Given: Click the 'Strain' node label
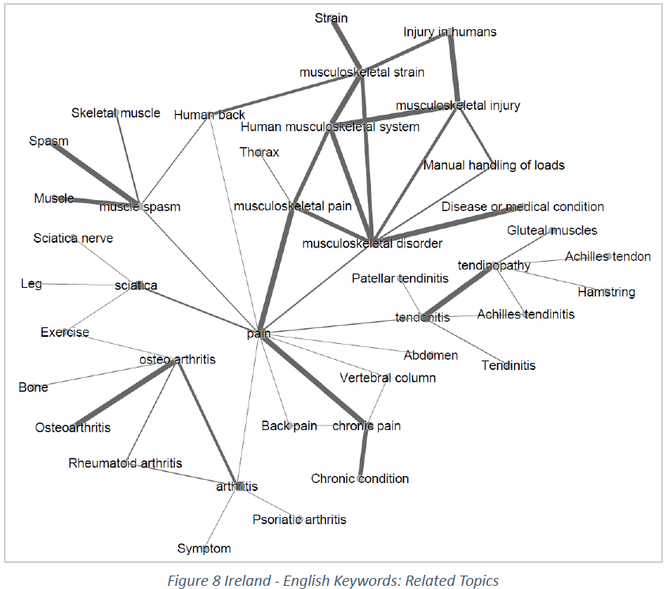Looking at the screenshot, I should click(x=331, y=17).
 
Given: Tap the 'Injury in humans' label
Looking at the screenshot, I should click(x=449, y=32).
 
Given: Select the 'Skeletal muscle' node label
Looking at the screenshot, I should click(x=115, y=113).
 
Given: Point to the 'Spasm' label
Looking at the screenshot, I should click(x=49, y=142).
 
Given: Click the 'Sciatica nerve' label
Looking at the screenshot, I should click(x=73, y=238).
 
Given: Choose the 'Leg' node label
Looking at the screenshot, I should click(x=32, y=284).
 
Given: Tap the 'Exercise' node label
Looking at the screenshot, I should click(x=65, y=333).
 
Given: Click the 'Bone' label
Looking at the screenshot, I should click(x=33, y=387).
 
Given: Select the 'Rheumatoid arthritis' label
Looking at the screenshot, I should click(x=125, y=463).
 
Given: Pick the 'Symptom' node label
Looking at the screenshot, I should click(x=204, y=549).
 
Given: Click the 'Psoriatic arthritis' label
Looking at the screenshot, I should click(x=299, y=519).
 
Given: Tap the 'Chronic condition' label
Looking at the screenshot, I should click(x=360, y=479).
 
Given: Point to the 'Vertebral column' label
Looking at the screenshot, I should click(x=388, y=378).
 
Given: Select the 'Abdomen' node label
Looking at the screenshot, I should click(x=431, y=356).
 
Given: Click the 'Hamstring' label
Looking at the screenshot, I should click(x=606, y=292).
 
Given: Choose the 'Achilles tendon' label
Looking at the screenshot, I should click(x=608, y=257).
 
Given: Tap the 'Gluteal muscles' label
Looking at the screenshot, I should click(x=552, y=231).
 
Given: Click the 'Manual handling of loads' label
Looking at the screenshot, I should click(x=494, y=165).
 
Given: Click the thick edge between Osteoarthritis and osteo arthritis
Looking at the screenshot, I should click(x=127, y=392).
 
